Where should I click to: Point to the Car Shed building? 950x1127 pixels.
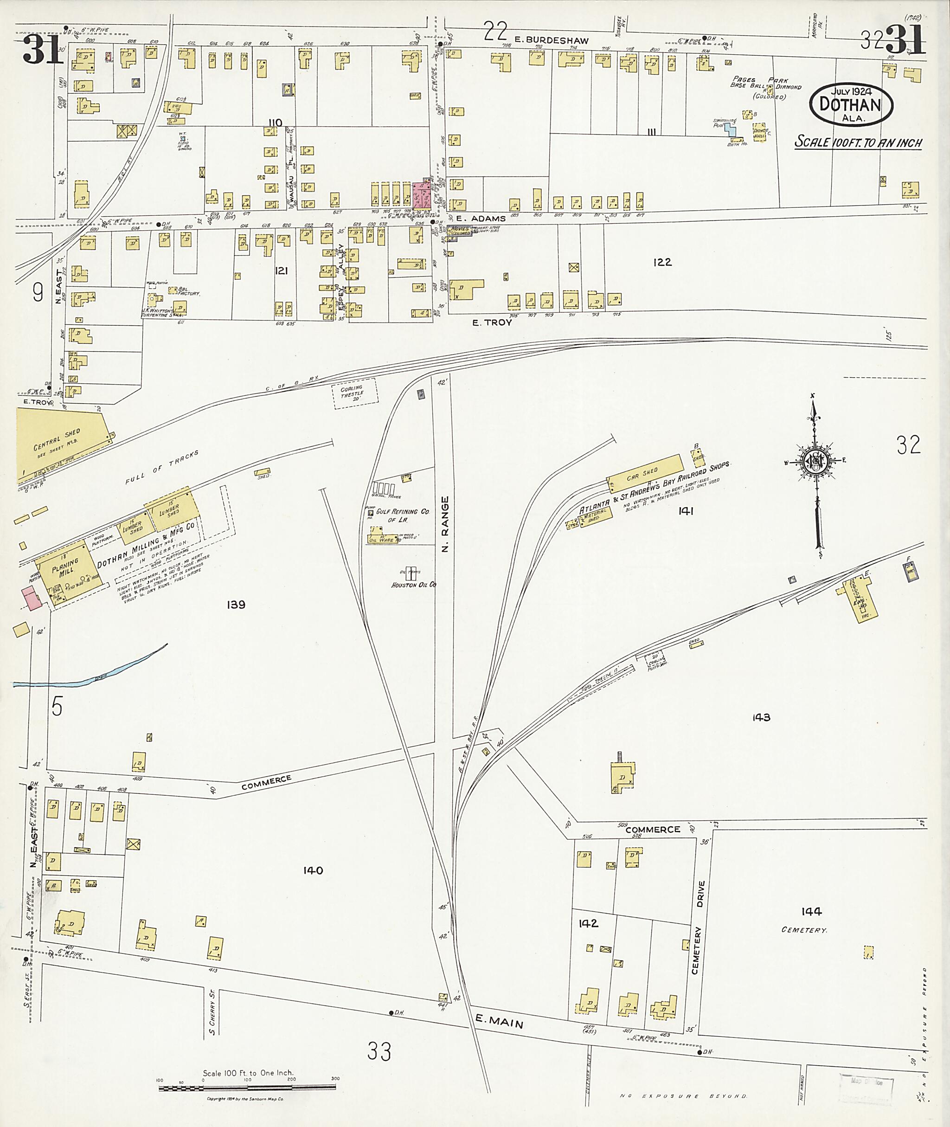(x=643, y=474)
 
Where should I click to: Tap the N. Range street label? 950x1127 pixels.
(x=444, y=524)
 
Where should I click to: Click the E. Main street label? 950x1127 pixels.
(x=499, y=1020)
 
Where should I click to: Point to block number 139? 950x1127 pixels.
(x=236, y=605)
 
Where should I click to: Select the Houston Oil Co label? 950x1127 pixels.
(x=413, y=585)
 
